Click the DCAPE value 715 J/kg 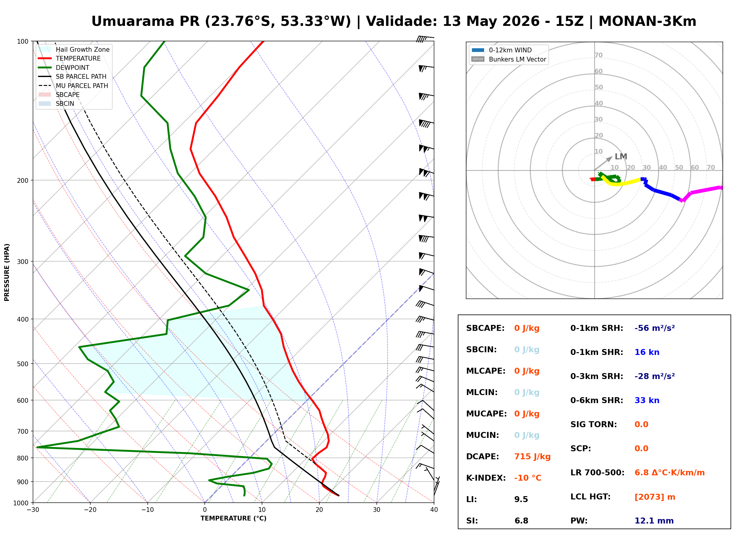[x=532, y=457]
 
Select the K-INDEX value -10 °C [x=528, y=478]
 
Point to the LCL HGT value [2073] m [x=655, y=497]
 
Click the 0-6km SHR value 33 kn [x=647, y=400]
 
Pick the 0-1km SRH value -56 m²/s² [x=654, y=328]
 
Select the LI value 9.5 [x=521, y=499]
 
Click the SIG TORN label [x=594, y=424]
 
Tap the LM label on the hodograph [x=621, y=157]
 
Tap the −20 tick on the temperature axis [x=90, y=510]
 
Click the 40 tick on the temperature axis [x=434, y=510]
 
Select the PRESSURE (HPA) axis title [x=7, y=272]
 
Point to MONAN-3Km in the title [x=647, y=21]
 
